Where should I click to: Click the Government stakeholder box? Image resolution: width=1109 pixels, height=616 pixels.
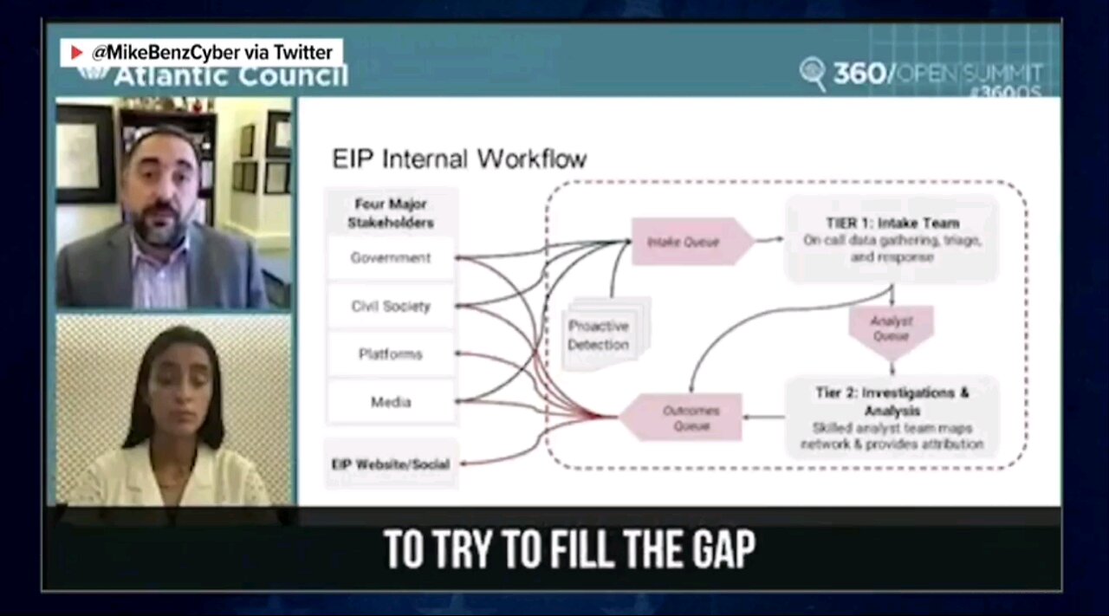(391, 257)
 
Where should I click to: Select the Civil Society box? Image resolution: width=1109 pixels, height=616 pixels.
(391, 306)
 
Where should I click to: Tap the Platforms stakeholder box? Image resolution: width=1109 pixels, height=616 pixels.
(391, 353)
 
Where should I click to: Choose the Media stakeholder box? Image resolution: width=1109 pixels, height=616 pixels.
(391, 401)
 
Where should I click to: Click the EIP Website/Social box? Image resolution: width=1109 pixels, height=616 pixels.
(391, 464)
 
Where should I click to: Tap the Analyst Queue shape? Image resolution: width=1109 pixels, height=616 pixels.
(891, 327)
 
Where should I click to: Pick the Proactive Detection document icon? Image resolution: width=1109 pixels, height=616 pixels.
(599, 334)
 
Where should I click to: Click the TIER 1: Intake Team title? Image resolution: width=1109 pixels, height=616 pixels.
(892, 224)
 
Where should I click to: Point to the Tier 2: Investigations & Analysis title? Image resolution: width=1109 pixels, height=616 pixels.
(892, 400)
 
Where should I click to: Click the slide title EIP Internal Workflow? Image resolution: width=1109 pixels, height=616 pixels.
(459, 159)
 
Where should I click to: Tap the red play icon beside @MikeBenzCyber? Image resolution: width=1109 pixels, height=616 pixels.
(77, 53)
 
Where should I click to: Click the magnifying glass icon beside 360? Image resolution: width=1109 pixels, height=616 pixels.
(813, 73)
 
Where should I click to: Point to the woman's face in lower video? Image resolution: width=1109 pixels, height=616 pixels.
(177, 374)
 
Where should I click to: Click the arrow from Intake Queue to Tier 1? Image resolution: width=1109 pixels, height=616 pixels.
(769, 241)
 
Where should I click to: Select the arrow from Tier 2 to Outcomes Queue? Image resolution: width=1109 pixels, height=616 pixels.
(764, 417)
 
